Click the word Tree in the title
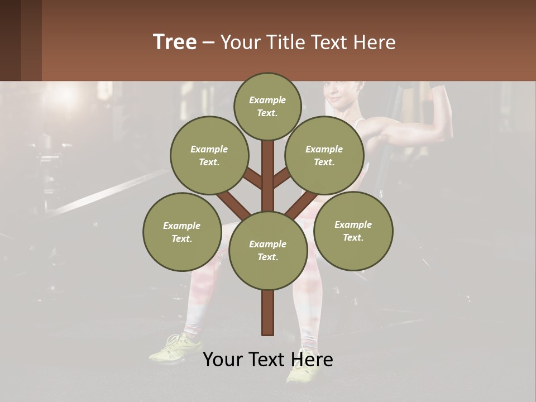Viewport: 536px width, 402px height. [x=175, y=42]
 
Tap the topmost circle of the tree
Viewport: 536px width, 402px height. [x=267, y=106]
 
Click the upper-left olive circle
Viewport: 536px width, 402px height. [x=209, y=155]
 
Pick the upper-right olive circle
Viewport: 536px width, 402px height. [x=324, y=155]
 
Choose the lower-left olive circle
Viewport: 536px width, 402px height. [x=182, y=232]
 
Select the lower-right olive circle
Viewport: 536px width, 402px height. [x=353, y=231]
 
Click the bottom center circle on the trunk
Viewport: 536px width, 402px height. [x=267, y=250]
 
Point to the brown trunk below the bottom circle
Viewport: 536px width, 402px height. [x=267, y=313]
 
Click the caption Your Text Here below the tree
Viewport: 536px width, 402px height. [x=267, y=360]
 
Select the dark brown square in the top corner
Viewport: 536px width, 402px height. [x=21, y=40]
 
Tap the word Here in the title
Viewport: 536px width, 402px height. [x=374, y=42]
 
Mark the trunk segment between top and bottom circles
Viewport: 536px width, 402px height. [x=267, y=176]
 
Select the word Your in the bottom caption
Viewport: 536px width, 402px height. [x=222, y=360]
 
